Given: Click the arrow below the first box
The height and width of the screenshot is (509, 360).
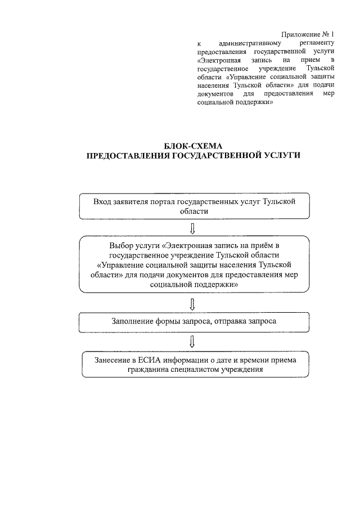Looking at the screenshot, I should pyautogui.click(x=193, y=227).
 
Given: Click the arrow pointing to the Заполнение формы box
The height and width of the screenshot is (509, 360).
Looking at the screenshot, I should pyautogui.click(x=193, y=304).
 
